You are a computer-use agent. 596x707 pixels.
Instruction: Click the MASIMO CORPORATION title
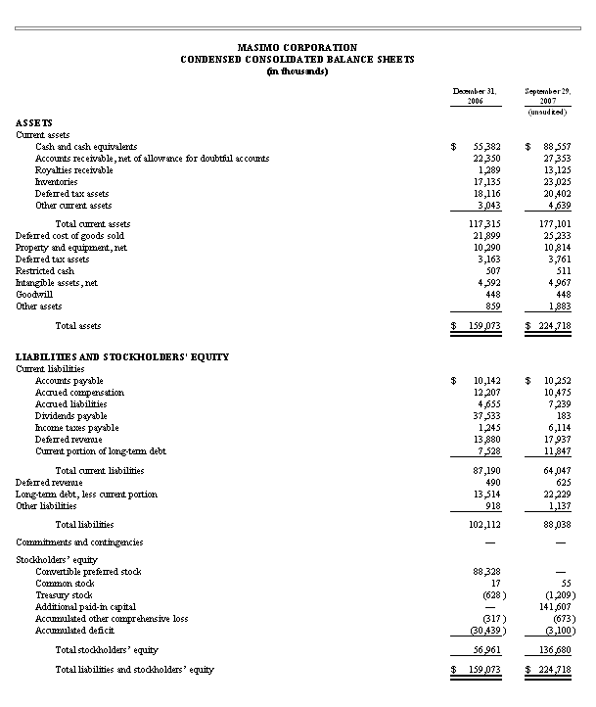298,47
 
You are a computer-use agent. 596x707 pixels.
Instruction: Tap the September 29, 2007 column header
547,95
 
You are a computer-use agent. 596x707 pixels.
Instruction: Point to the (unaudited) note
547,113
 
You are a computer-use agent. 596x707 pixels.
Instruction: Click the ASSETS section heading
34,122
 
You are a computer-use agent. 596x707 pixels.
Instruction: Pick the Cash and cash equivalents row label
85,146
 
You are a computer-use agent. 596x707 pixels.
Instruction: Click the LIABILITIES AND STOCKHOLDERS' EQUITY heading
122,356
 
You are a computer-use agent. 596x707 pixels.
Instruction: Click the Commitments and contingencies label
79,542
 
